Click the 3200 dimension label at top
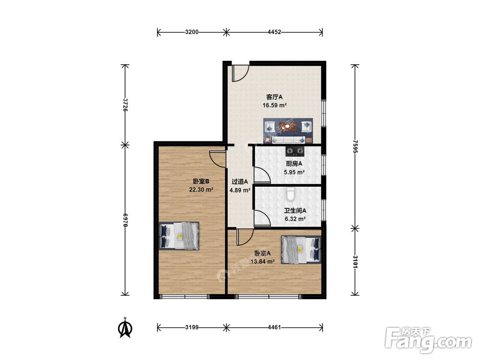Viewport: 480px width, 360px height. click(192, 32)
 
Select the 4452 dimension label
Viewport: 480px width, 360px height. click(274, 32)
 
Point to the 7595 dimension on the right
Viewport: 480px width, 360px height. click(355, 147)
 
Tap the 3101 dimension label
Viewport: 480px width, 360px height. click(355, 262)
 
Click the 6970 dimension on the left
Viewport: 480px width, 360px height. click(125, 220)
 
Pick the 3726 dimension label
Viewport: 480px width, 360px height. click(125, 105)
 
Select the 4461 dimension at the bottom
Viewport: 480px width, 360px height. click(274, 327)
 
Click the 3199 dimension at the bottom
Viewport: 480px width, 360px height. click(192, 327)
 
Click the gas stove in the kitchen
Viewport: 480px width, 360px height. click(295, 151)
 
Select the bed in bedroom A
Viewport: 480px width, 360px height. click(301, 250)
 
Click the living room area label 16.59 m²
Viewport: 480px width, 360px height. click(275, 106)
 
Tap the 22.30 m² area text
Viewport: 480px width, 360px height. click(201, 190)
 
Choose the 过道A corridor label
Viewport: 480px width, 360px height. click(240, 181)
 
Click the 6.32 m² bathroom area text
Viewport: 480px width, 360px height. click(295, 219)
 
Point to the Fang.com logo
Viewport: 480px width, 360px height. click(429, 340)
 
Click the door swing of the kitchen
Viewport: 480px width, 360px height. click(263, 175)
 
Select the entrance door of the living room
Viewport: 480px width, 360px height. click(240, 73)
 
